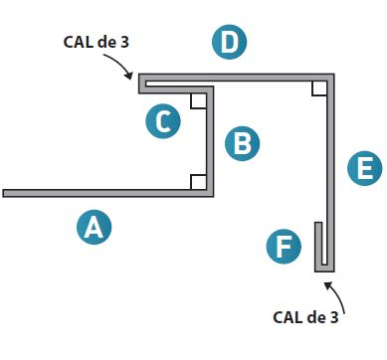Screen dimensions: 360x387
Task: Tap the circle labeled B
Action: [241, 143]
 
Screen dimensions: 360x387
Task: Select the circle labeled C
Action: [164, 121]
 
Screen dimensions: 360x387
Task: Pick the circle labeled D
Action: [230, 43]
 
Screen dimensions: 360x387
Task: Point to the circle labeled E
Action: [365, 169]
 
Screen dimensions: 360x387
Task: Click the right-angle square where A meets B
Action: [198, 182]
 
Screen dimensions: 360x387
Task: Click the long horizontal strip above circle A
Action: [99, 193]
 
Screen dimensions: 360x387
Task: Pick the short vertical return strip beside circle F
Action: [317, 244]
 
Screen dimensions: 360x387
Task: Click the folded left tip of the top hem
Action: [143, 82]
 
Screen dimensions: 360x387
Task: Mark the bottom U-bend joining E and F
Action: [325, 268]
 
